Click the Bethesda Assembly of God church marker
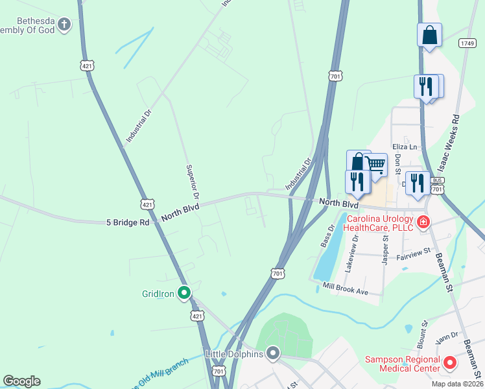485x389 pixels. [x=64, y=25]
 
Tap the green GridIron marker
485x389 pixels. [x=184, y=294]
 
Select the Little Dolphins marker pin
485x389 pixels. [x=273, y=353]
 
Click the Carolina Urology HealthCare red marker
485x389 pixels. [x=423, y=224]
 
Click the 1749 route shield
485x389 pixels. [x=467, y=43]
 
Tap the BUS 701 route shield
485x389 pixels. [x=438, y=184]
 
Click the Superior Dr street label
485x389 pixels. [x=191, y=181]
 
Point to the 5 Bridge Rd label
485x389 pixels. [x=128, y=222]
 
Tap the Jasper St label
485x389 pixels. [x=384, y=248]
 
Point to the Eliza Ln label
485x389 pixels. [x=403, y=147]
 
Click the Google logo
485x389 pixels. [x=21, y=381]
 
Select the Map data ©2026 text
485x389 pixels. [x=456, y=384]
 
